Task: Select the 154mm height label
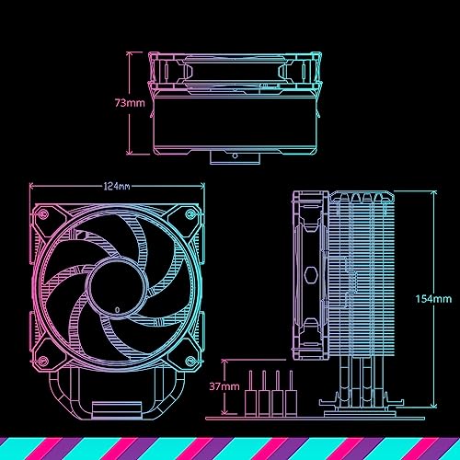click(x=433, y=299)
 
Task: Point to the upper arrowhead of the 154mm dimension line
click(x=432, y=193)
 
